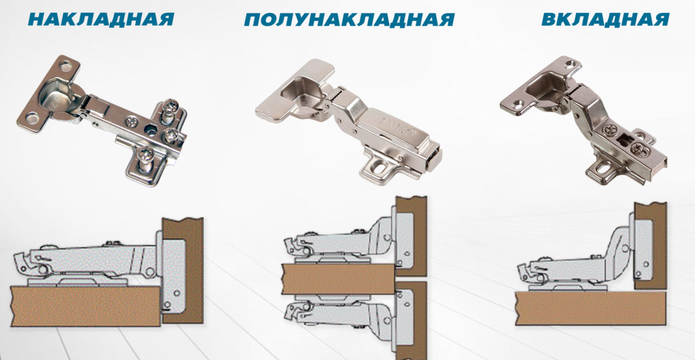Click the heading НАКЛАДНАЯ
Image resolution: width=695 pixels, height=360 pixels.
click(x=101, y=19)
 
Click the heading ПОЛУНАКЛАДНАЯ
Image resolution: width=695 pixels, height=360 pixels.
click(x=349, y=20)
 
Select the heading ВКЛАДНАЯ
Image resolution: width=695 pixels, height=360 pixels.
click(x=606, y=19)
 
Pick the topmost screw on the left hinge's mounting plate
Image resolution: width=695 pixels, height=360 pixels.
click(x=170, y=107)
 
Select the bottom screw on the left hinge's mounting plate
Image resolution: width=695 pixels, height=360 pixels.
click(x=145, y=157)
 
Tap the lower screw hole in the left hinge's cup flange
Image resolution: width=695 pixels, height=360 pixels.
click(x=32, y=119)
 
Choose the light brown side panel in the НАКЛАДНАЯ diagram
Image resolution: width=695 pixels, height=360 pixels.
click(x=85, y=306)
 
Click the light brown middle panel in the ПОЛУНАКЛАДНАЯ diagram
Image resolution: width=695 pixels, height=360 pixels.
click(x=339, y=279)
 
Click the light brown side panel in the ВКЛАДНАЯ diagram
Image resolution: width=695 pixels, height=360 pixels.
click(x=590, y=308)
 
